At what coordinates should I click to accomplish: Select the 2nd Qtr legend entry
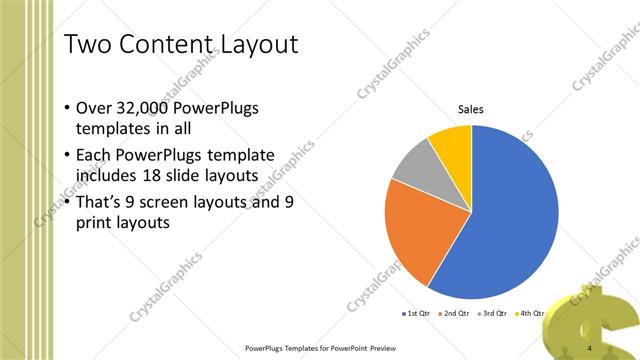coord(456,314)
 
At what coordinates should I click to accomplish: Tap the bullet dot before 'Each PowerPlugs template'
coord(66,155)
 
